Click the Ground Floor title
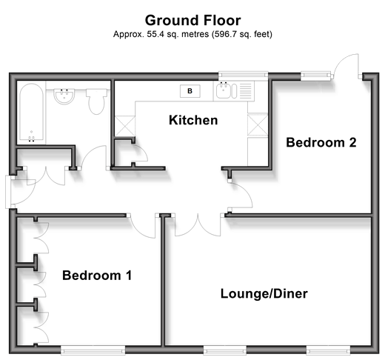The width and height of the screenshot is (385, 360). click(192, 20)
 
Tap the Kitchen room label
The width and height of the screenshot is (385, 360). click(193, 120)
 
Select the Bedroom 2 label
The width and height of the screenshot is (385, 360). click(321, 142)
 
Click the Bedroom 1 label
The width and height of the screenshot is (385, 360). click(97, 276)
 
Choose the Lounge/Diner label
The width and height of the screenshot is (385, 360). click(264, 293)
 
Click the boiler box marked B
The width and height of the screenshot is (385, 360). click(190, 91)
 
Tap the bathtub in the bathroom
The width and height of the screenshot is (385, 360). click(32, 113)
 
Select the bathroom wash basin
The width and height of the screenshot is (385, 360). click(64, 96)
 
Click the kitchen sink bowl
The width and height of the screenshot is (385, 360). click(224, 90)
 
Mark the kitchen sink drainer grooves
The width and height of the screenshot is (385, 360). click(246, 90)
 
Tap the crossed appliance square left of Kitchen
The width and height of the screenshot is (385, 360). click(125, 126)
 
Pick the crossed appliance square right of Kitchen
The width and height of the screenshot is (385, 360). click(258, 124)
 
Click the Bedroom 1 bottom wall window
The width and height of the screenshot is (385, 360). click(93, 350)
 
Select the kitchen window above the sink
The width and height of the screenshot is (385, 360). click(243, 76)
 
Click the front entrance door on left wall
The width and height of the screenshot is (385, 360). click(20, 191)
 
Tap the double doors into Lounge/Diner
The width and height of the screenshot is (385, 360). click(198, 225)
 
